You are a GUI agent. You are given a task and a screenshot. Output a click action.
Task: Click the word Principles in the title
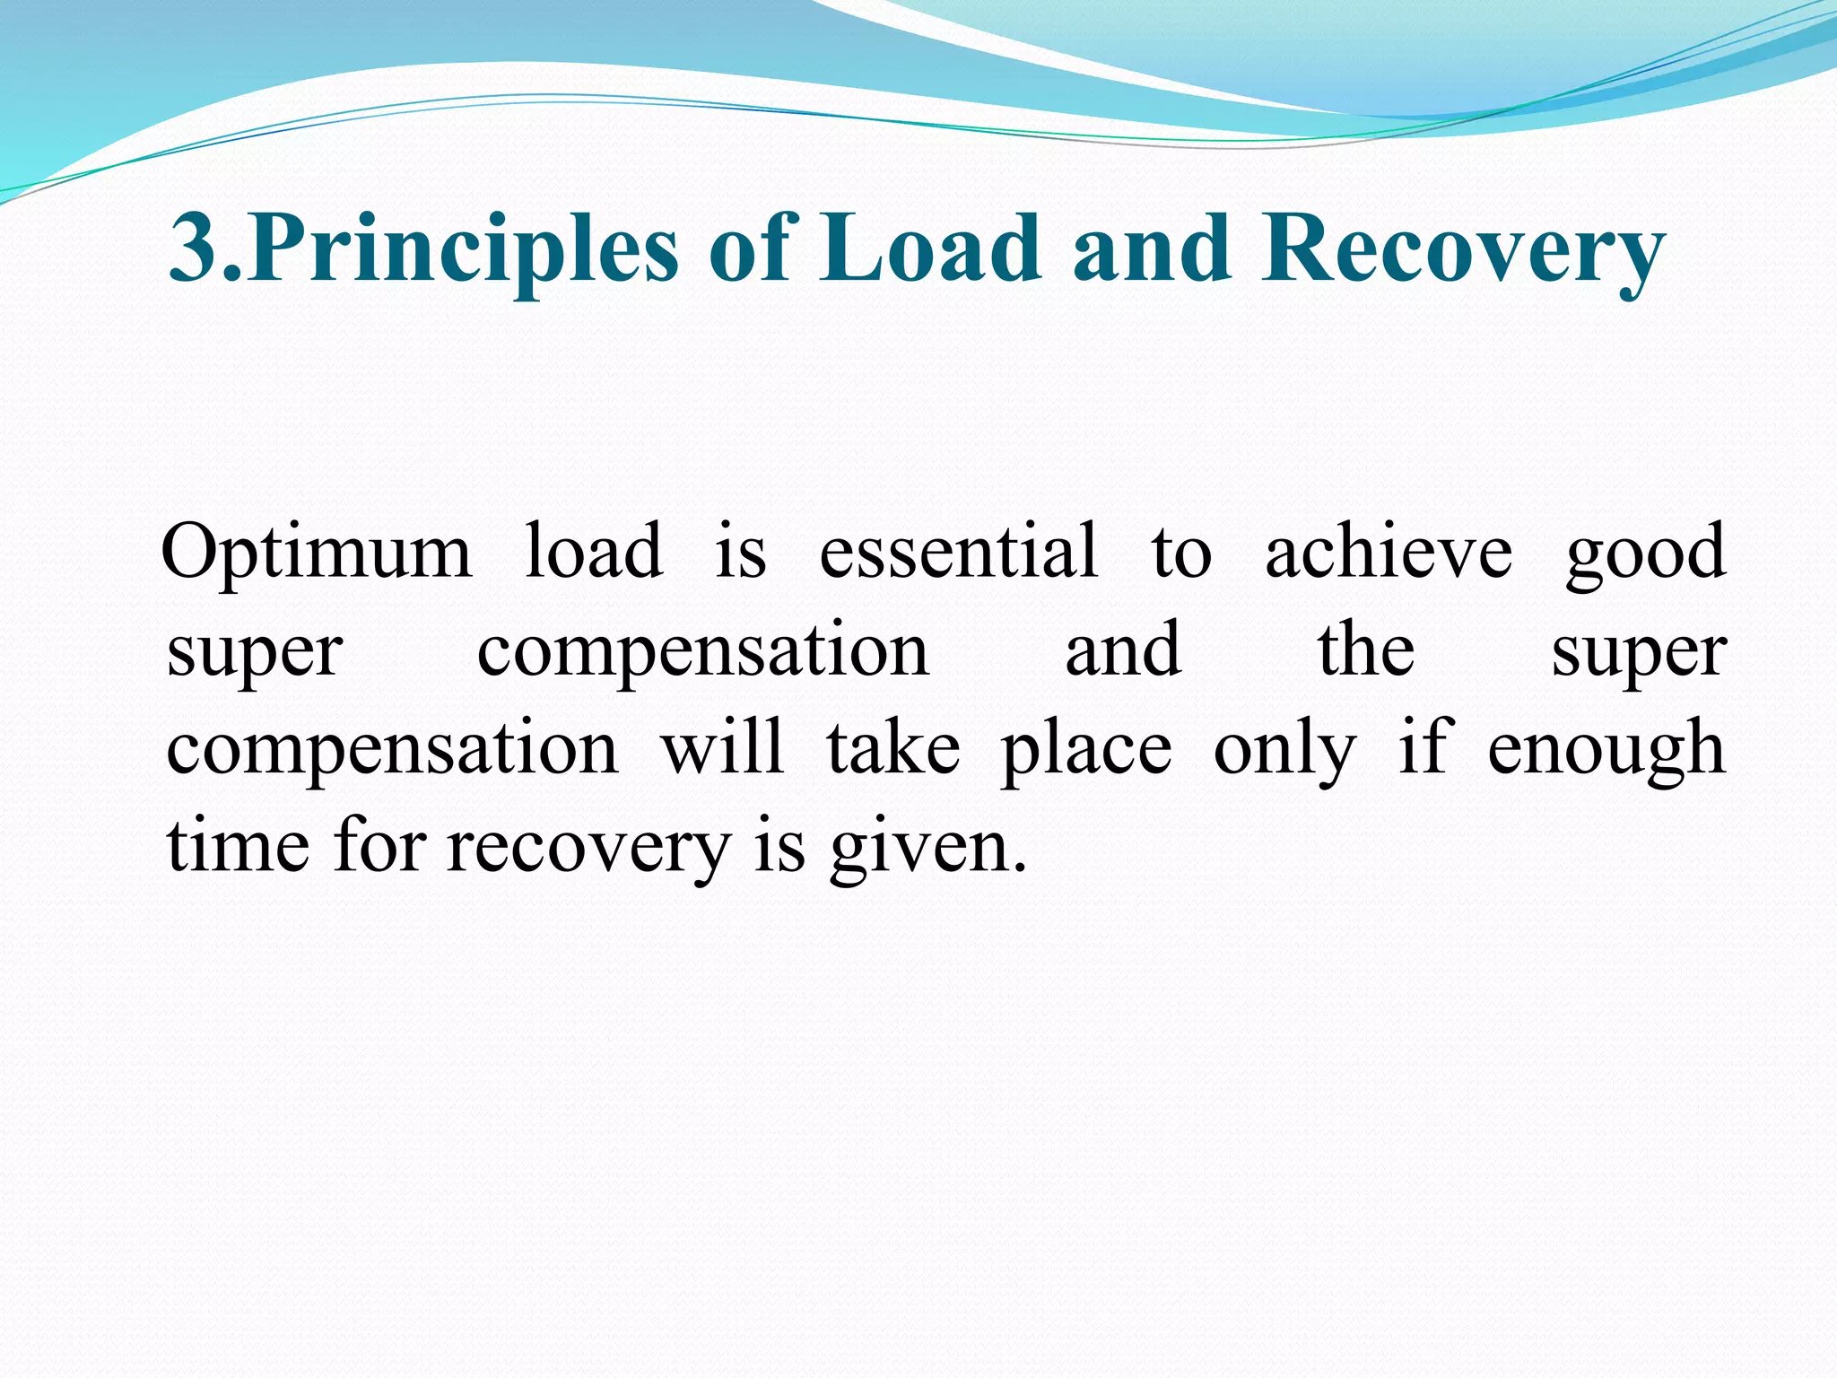pos(463,249)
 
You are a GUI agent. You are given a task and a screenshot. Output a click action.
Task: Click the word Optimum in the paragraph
pos(317,552)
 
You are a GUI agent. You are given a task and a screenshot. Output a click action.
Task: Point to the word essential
pos(958,552)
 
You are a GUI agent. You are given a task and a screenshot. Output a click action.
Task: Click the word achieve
pos(1389,552)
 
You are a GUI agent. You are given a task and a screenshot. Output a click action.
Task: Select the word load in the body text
pos(594,552)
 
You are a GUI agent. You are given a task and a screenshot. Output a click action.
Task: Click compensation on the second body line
pos(702,650)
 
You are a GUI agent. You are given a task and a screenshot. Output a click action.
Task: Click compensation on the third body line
pos(392,749)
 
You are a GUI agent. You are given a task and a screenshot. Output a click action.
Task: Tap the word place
pos(1085,749)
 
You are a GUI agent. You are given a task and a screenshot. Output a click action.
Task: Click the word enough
pos(1606,749)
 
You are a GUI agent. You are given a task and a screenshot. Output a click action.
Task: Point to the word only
pos(1284,749)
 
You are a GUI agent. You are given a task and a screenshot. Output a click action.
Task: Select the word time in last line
pos(238,846)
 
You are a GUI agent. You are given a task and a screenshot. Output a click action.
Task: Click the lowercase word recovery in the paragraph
pos(588,848)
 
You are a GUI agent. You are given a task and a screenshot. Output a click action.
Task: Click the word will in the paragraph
pos(723,747)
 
